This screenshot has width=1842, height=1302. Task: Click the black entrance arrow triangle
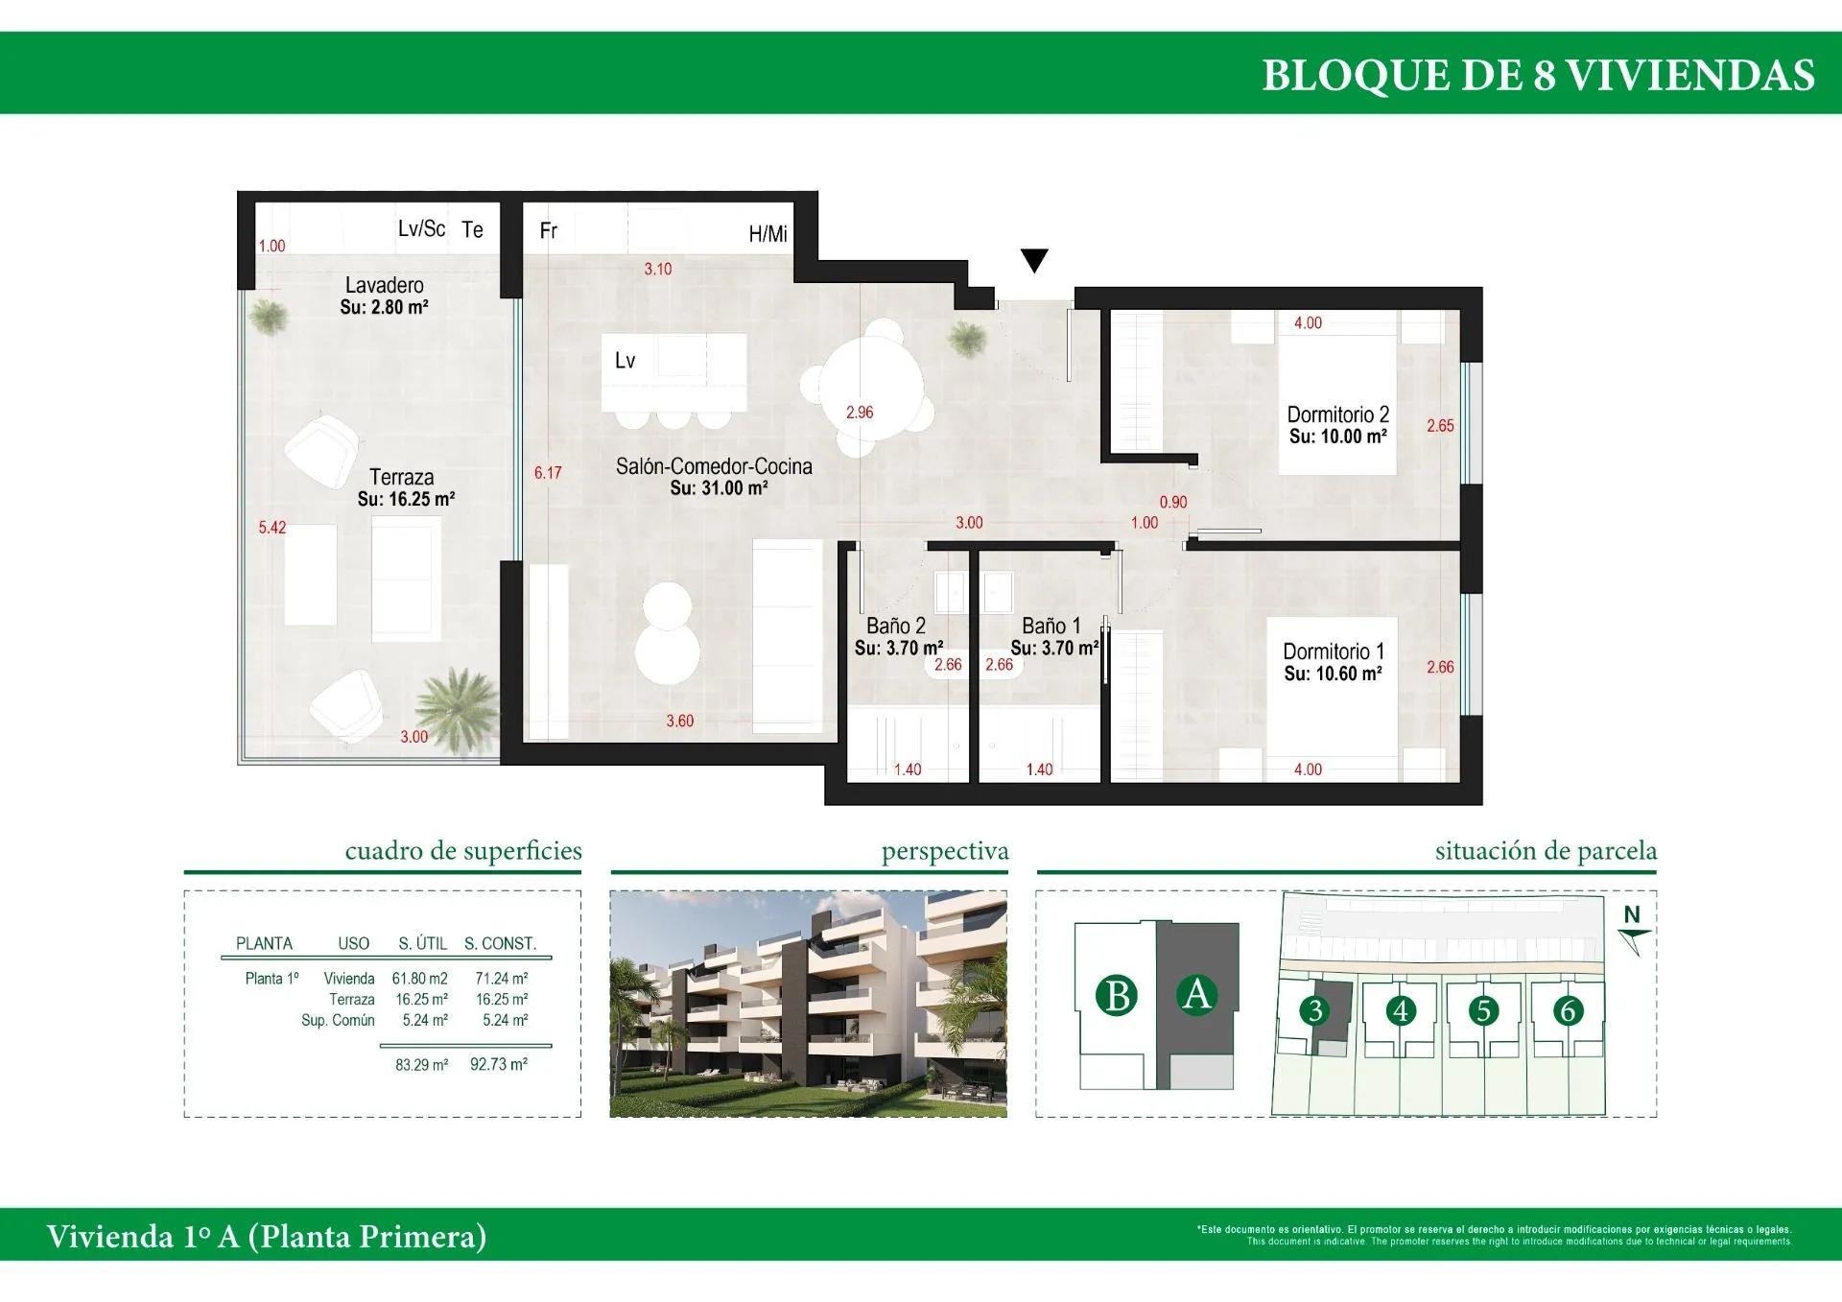[x=1033, y=260]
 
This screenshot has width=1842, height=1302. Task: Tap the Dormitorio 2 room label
[x=1337, y=414]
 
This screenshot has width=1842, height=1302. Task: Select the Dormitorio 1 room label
[x=1333, y=651]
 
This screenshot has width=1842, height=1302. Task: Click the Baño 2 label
[x=895, y=626]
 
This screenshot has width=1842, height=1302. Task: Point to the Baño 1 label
[x=1051, y=626]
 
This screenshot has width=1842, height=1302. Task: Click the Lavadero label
[x=384, y=285]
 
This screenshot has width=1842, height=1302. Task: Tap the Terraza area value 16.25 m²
[x=406, y=499]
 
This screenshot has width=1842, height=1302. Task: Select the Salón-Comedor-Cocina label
[x=714, y=466]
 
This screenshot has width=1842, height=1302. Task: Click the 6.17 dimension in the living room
[x=548, y=472]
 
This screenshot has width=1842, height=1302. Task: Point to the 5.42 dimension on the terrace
[x=272, y=527]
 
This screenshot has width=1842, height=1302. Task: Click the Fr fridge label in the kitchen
[x=549, y=230]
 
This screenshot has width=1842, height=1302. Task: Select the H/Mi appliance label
[x=767, y=234]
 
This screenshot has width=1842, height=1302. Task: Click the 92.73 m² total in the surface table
[x=498, y=1064]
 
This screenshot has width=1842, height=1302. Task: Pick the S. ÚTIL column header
[x=422, y=943]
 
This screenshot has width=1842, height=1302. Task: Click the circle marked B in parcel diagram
[x=1117, y=995]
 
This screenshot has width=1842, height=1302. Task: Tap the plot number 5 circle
[x=1483, y=1010]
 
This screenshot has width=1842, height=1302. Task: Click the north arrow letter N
[x=1631, y=914]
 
